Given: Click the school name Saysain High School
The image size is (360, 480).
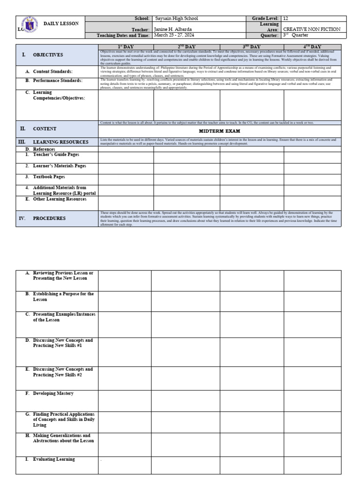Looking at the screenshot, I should [x=176, y=19].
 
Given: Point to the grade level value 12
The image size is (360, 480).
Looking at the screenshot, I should [x=286, y=19].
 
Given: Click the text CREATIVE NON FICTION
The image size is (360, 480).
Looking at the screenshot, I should [x=312, y=29].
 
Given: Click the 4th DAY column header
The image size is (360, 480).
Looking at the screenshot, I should [x=312, y=46].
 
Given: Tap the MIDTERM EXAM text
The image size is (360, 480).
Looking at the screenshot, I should [x=219, y=131].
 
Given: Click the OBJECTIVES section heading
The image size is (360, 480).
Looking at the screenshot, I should [x=47, y=55].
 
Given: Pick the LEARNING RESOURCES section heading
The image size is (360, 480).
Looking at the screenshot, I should [x=60, y=142].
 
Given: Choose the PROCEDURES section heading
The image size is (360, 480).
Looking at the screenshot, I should [x=49, y=218].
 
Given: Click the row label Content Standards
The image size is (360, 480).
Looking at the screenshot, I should [x=52, y=71].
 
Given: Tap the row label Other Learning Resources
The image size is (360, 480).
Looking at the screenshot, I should [x=60, y=199].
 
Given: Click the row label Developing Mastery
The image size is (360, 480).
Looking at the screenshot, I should [x=53, y=394].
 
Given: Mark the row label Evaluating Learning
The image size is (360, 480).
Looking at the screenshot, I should [x=53, y=459].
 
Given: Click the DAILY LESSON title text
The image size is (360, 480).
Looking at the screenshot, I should [x=61, y=23].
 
